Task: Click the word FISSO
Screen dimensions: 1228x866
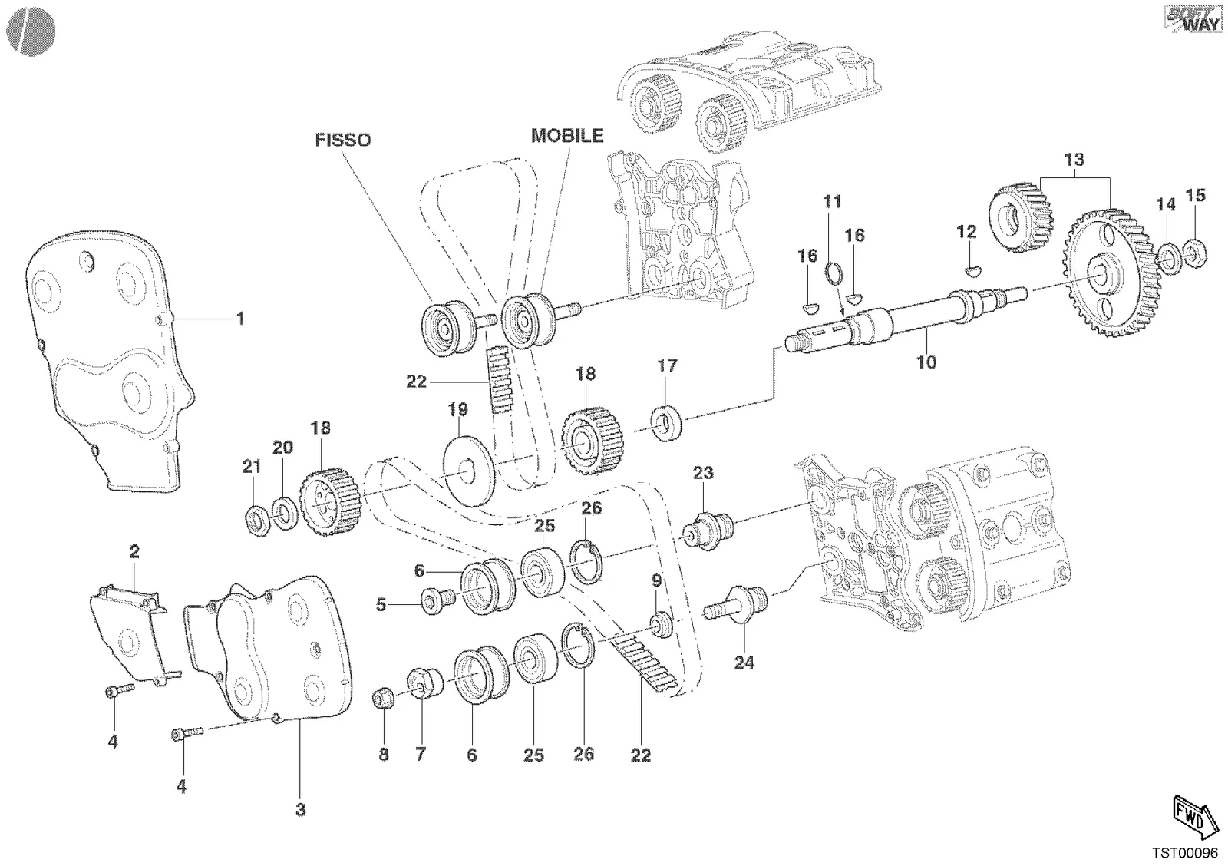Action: (342, 140)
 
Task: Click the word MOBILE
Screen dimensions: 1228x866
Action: (567, 135)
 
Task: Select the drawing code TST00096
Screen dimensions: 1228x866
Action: (1184, 853)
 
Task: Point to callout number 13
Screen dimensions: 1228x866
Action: (1074, 160)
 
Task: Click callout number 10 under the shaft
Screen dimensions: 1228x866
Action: (926, 362)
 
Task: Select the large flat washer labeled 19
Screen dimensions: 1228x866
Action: (469, 471)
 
